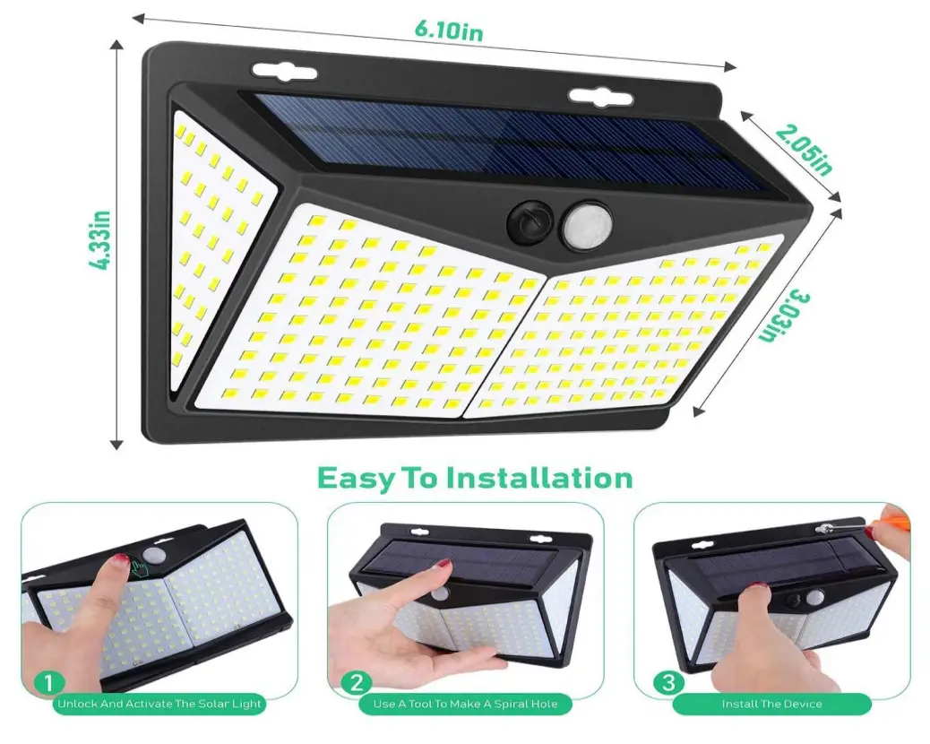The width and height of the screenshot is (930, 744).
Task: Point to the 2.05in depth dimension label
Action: [x=804, y=148]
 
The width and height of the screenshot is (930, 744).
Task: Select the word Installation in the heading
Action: [x=539, y=477]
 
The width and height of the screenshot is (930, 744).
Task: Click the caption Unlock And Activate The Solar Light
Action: [x=159, y=705]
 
